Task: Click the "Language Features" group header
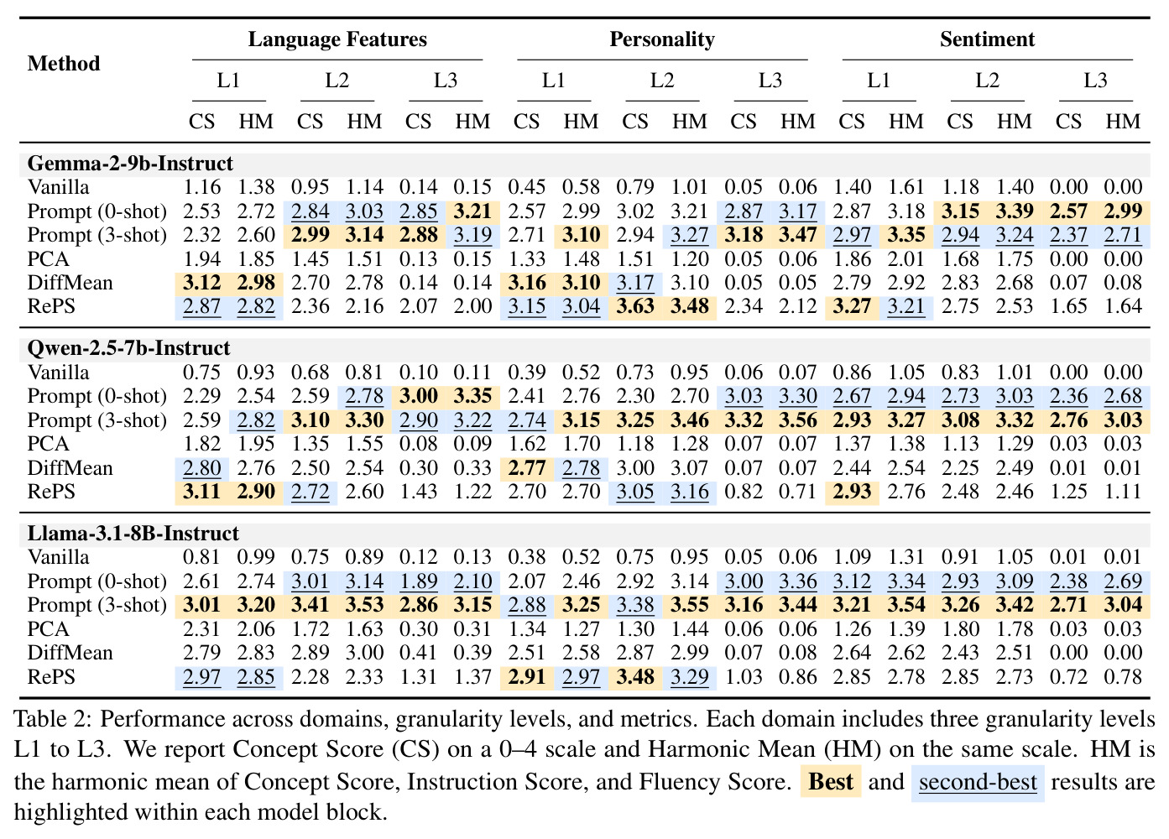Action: [337, 39]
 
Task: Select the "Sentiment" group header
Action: [987, 39]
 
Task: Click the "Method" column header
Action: [64, 64]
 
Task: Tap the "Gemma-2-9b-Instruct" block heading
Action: [130, 164]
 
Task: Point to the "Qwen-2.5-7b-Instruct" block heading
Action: [128, 348]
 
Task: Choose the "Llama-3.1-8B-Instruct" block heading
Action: [133, 534]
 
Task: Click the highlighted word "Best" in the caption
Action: [830, 782]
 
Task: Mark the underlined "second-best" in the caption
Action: [978, 782]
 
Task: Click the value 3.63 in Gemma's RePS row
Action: [635, 306]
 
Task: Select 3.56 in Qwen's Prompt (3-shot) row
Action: [797, 420]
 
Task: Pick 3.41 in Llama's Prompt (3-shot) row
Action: [310, 605]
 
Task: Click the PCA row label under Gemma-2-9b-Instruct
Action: [48, 258]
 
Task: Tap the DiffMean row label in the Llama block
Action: [70, 653]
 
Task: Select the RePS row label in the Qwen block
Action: [51, 492]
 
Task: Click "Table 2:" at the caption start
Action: [53, 720]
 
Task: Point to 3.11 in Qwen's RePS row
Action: [201, 492]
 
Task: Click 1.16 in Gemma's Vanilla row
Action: [201, 187]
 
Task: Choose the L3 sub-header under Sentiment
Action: [1095, 81]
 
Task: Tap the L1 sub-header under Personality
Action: [553, 81]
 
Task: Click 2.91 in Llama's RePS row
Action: [526, 677]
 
